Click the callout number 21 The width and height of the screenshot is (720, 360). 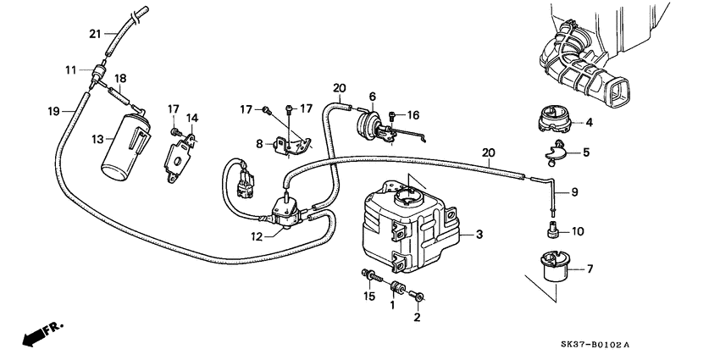click(x=95, y=34)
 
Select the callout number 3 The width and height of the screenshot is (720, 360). click(x=479, y=235)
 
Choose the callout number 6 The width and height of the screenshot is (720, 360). click(x=371, y=97)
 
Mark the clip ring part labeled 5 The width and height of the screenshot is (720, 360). click(x=557, y=153)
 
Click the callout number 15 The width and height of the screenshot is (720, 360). click(x=368, y=296)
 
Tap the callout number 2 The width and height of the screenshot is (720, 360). click(x=416, y=318)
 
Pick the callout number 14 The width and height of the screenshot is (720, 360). click(x=191, y=118)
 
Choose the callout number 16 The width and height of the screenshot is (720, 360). click(x=413, y=114)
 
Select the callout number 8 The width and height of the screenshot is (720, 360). click(x=259, y=144)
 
